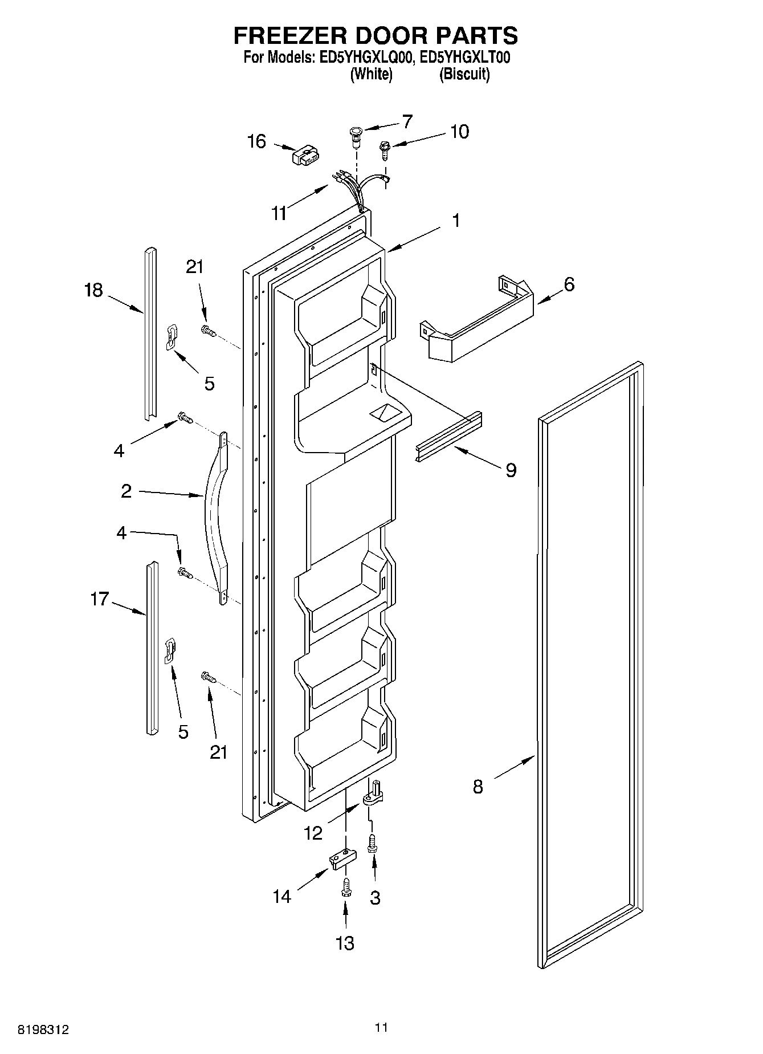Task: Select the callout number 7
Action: pos(407,121)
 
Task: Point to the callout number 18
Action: pos(93,290)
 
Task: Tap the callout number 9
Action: pos(511,470)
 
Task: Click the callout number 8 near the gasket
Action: pos(478,787)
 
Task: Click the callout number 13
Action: pos(345,943)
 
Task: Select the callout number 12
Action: pos(313,833)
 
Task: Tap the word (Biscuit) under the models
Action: pos(464,74)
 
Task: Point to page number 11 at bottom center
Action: pos(381,1028)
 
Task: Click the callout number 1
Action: pos(456,220)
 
